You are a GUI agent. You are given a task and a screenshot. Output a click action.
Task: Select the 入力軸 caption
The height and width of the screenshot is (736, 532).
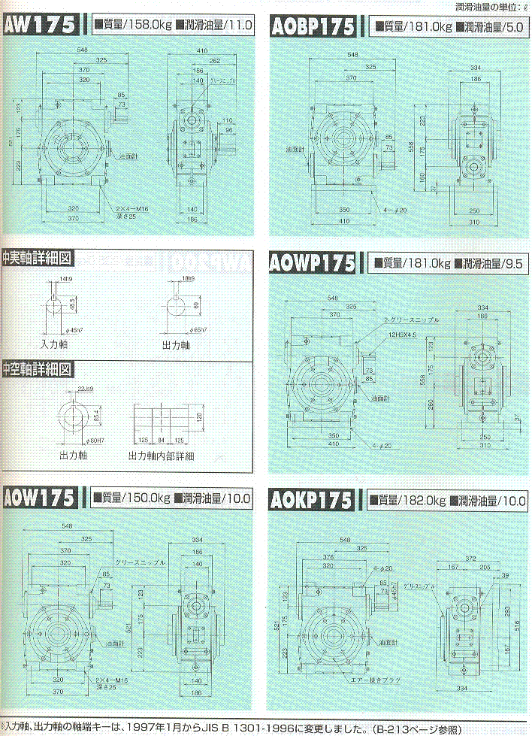tap(55, 344)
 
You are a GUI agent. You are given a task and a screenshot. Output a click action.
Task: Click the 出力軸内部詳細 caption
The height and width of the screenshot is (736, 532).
tap(162, 456)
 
